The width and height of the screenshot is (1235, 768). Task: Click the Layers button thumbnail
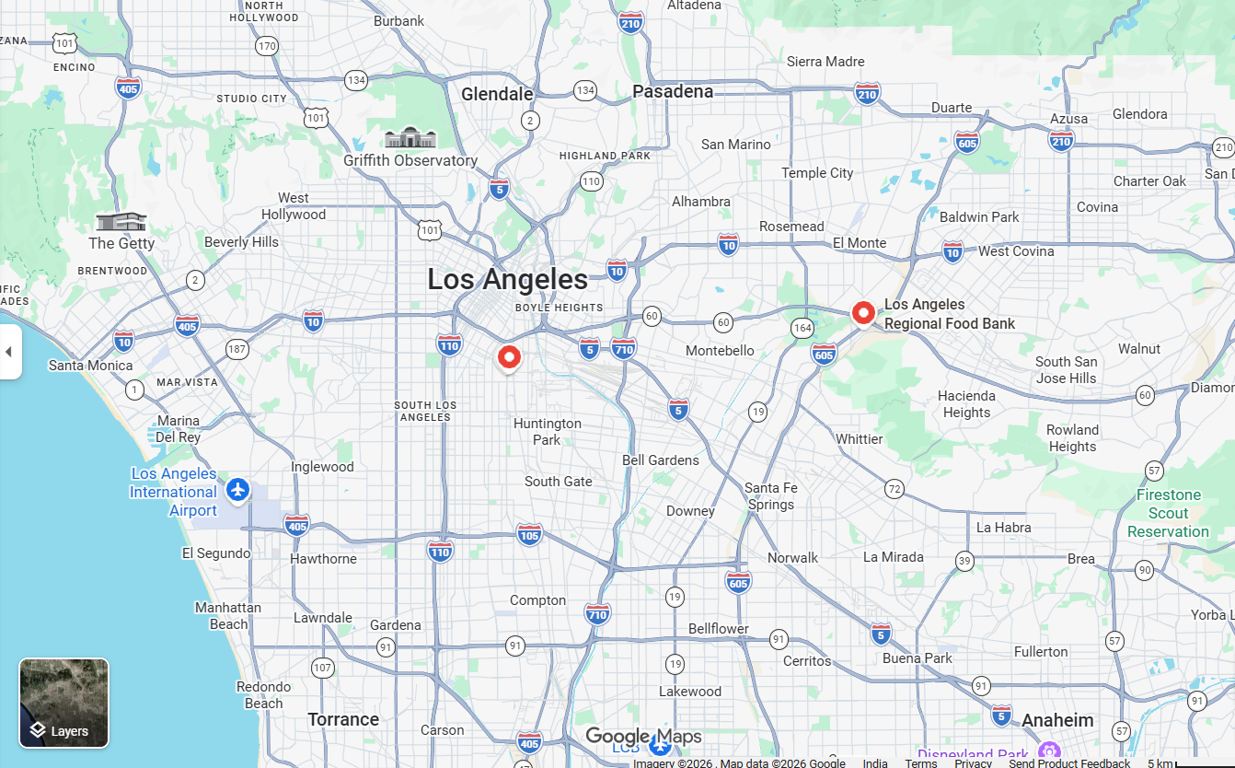[63, 703]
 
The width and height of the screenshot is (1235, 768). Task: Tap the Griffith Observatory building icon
[410, 138]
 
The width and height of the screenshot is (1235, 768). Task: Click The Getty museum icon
[121, 222]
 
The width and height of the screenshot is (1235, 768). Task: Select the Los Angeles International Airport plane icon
[238, 490]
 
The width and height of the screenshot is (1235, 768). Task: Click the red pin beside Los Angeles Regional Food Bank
[863, 313]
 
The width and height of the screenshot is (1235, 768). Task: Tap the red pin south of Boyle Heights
[509, 357]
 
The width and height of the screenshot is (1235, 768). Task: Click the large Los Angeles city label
[507, 279]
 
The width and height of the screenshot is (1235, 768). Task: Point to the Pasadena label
[673, 91]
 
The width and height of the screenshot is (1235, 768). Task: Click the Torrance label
[343, 719]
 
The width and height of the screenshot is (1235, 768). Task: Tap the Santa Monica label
[90, 366]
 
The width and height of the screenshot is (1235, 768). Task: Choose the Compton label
[537, 600]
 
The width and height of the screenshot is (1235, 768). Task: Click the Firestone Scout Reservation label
[1168, 513]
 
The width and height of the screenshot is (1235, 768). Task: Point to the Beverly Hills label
[241, 242]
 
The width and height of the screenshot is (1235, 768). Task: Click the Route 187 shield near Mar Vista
[237, 349]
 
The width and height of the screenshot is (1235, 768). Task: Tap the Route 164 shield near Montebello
[802, 329]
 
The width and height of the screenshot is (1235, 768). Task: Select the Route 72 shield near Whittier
[894, 488]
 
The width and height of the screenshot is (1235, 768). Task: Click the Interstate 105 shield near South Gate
[529, 534]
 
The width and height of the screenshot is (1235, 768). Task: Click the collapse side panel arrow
[9, 352]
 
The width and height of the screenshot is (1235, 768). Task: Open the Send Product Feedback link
[1069, 762]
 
